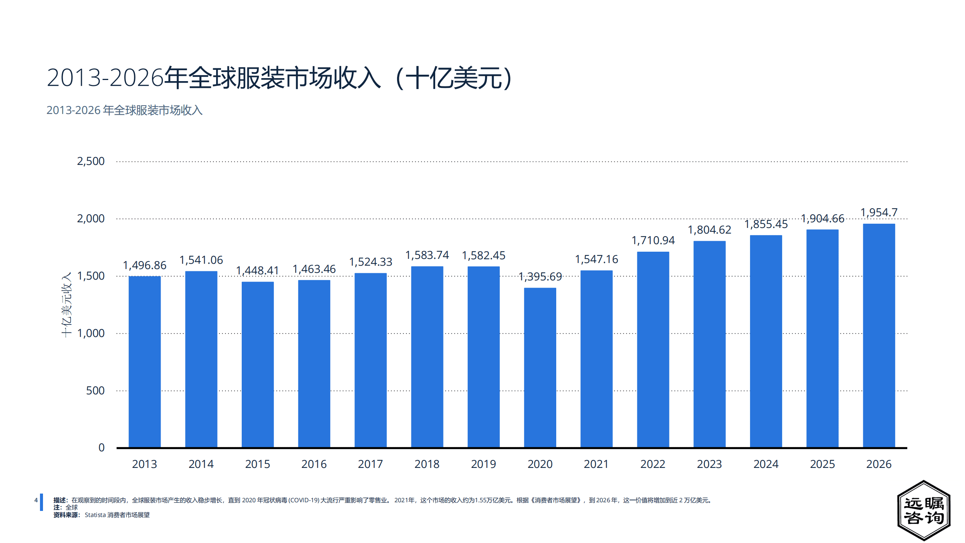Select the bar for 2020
pos(540,368)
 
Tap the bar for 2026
pos(879,335)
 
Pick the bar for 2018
pos(427,357)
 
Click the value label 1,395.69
pos(540,277)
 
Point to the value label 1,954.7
pos(879,212)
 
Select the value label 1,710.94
pos(653,240)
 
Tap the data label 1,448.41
pos(257,271)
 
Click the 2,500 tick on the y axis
pos(91,161)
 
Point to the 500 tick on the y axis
pos(95,391)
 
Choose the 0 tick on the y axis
pos(101,448)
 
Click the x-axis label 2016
pos(314,464)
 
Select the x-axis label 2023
pos(709,464)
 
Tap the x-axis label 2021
pos(596,464)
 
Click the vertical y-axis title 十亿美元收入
pos(66,305)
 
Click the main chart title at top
pos(279,78)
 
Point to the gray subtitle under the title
pos(124,110)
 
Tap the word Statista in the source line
pos(95,515)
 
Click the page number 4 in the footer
pos(36,500)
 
